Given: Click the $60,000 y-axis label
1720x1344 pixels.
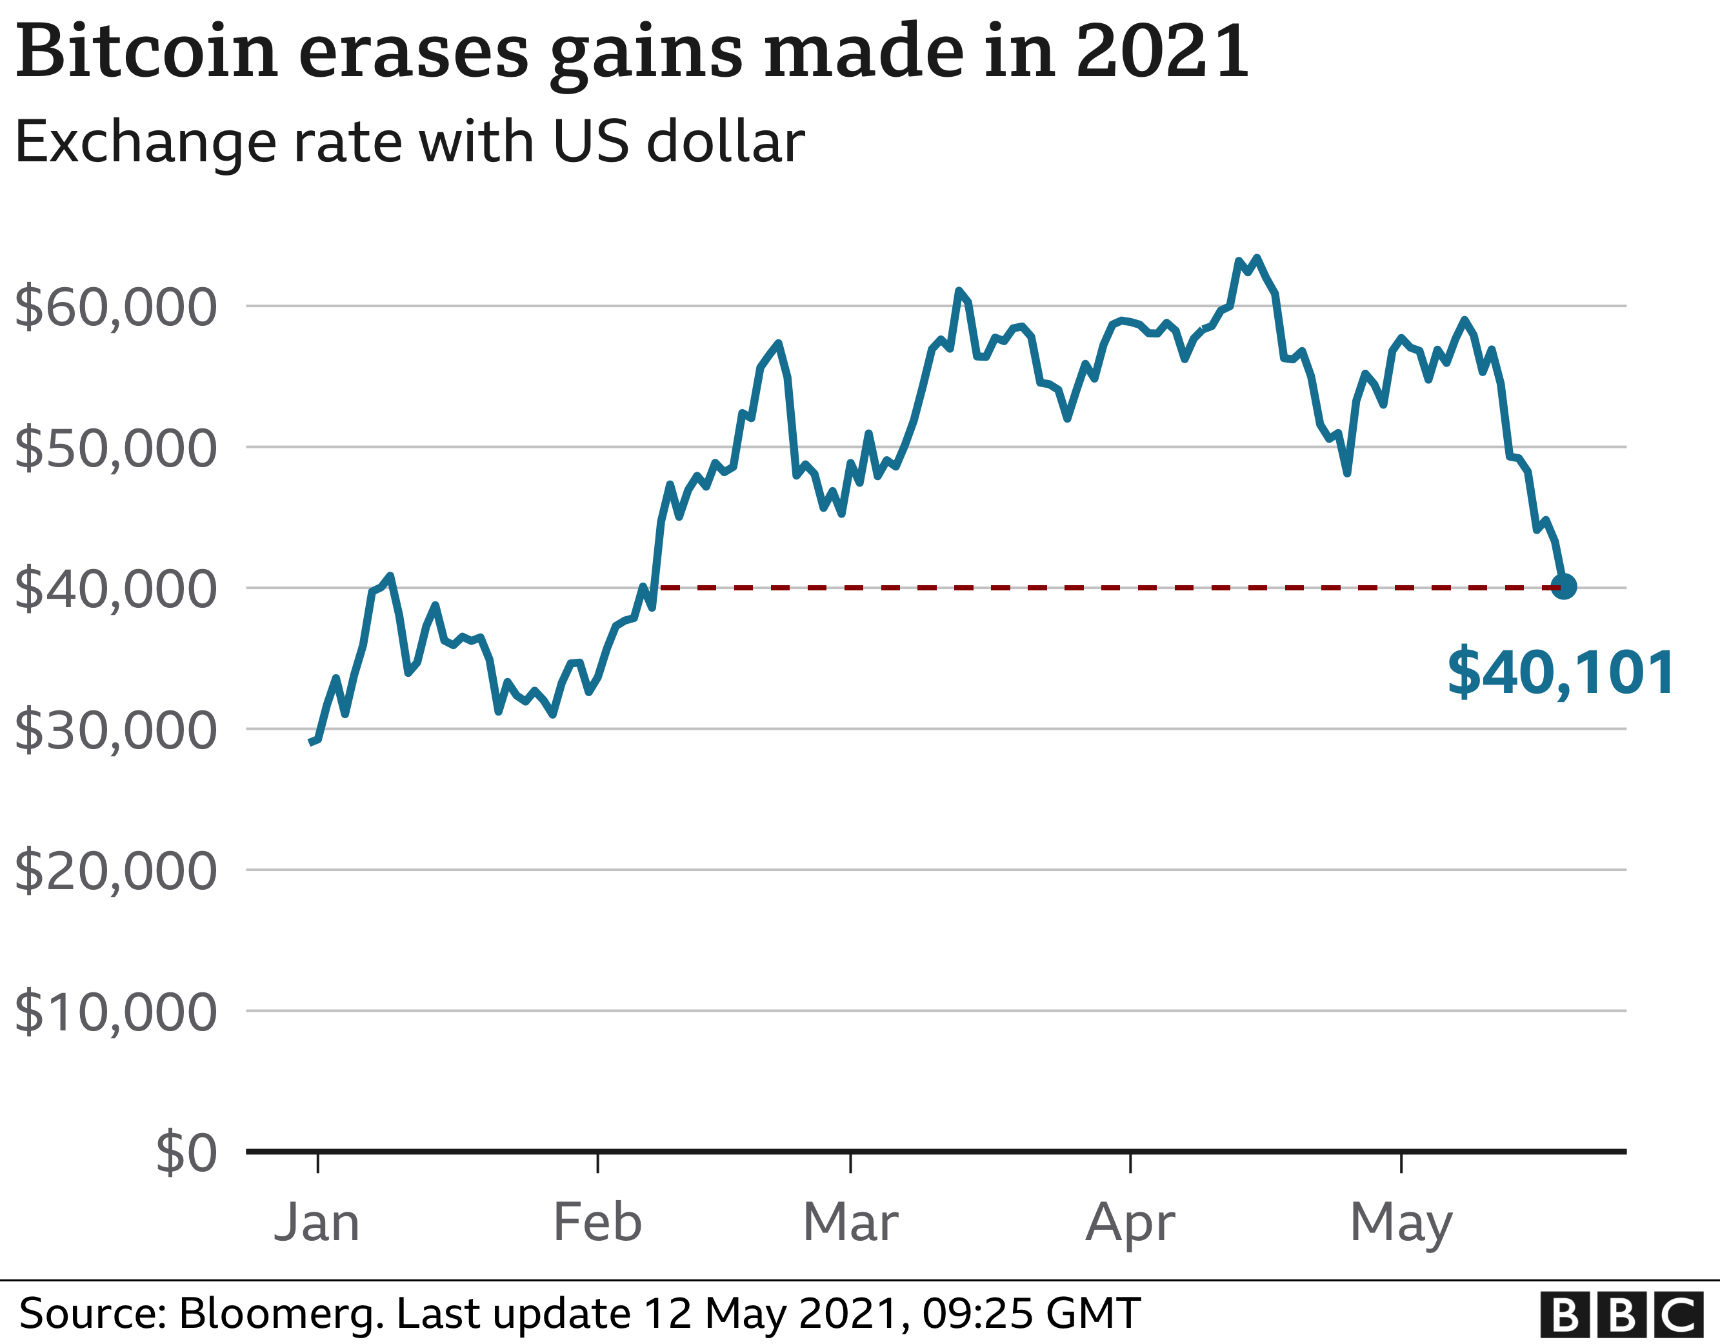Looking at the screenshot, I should point(115,307).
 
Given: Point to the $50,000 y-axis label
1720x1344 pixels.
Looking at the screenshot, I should point(115,448).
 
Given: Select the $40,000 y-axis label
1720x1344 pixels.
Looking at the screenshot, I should point(115,589).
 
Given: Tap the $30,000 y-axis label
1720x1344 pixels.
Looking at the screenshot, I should point(115,730).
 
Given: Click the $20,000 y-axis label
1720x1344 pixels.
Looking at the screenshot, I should point(115,871).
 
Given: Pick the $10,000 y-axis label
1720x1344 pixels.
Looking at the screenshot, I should point(115,1012).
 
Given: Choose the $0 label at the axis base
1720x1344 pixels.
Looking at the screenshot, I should point(186,1154).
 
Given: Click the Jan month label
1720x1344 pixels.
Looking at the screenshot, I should point(317,1223).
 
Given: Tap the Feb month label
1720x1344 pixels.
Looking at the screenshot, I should point(598,1223).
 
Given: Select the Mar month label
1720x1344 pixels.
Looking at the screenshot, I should point(850,1223).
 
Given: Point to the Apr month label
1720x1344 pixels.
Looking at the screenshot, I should point(1130,1224).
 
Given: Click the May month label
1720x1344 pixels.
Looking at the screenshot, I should point(1401,1224).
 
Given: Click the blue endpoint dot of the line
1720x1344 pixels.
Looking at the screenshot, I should point(1563,587).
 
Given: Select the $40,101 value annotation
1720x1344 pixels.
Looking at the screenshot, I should point(1561,673).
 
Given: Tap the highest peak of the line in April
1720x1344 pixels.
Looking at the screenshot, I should point(1257,258).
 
